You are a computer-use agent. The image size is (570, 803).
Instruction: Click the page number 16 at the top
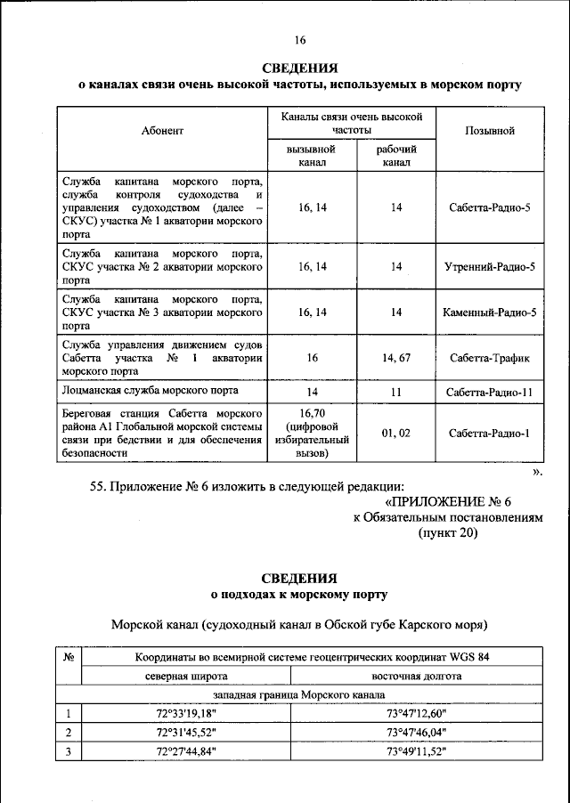click(x=299, y=40)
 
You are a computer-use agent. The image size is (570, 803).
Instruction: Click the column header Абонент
click(x=162, y=131)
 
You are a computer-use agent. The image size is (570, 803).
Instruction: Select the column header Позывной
click(x=490, y=131)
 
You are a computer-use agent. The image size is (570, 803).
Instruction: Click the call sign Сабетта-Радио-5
click(x=490, y=207)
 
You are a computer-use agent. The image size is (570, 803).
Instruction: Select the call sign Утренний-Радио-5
click(x=490, y=266)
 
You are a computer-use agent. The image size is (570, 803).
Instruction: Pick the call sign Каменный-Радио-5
click(x=490, y=312)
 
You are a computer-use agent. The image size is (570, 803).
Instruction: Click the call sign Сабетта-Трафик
click(x=490, y=359)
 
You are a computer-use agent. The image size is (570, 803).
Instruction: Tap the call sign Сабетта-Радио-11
click(x=490, y=393)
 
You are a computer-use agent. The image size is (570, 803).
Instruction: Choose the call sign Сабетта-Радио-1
click(x=490, y=434)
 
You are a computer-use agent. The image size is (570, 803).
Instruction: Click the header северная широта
click(x=187, y=676)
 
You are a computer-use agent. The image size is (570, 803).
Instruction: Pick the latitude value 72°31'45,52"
click(x=187, y=732)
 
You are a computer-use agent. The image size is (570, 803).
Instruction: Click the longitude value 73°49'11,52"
click(x=416, y=751)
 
